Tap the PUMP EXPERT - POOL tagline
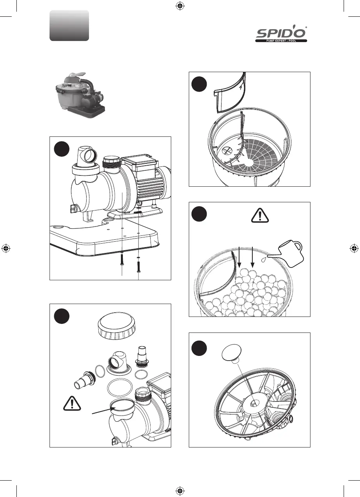pos(281,41)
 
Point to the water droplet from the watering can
pos(265,258)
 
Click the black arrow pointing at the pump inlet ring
pos(103,409)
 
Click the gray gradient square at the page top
pos(69,26)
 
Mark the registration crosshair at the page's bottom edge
pos(180,490)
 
